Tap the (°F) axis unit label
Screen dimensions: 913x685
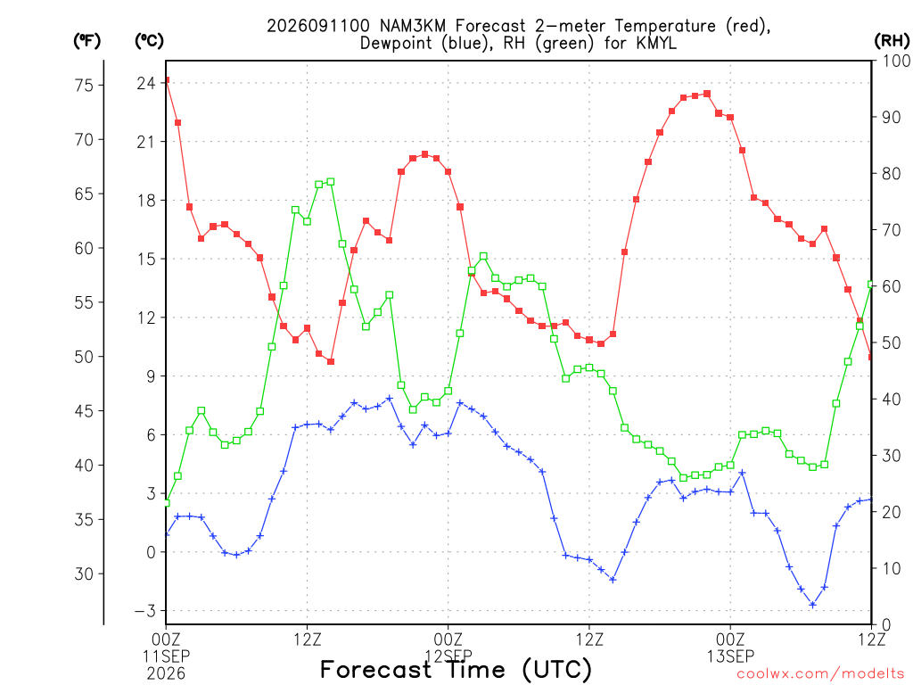coord(87,41)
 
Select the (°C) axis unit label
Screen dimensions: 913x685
coord(149,41)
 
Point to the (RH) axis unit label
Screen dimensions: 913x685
coord(892,41)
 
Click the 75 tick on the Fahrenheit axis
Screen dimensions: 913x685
coord(85,85)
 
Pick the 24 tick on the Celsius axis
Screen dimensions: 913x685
coord(146,83)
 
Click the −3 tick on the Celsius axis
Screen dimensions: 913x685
coord(145,611)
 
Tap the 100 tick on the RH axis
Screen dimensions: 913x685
coord(896,61)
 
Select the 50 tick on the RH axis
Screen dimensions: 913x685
coord(891,342)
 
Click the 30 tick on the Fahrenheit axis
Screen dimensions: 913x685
coord(85,574)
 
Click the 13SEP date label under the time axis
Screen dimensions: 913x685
coord(730,656)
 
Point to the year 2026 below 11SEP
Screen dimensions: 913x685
coord(166,673)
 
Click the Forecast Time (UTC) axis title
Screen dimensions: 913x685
coord(456,669)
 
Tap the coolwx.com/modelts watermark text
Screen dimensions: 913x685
coord(820,674)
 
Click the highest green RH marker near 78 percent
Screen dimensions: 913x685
coord(331,182)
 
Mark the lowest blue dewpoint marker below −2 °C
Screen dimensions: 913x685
coord(813,605)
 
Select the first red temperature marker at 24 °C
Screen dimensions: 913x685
coord(167,80)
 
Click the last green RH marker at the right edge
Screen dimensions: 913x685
coord(871,285)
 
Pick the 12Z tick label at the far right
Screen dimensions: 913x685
coord(871,640)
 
